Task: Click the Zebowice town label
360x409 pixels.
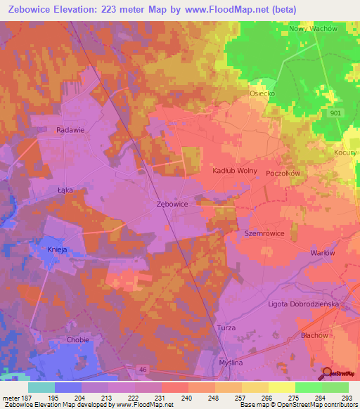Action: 172,204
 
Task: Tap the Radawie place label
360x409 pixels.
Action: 70,129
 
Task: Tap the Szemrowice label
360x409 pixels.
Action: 264,233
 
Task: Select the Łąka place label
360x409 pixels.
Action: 65,190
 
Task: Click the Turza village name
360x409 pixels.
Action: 226,329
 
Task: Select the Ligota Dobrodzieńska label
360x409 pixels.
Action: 304,304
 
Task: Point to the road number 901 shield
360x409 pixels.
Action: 334,112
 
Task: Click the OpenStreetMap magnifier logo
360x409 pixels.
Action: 327,372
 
